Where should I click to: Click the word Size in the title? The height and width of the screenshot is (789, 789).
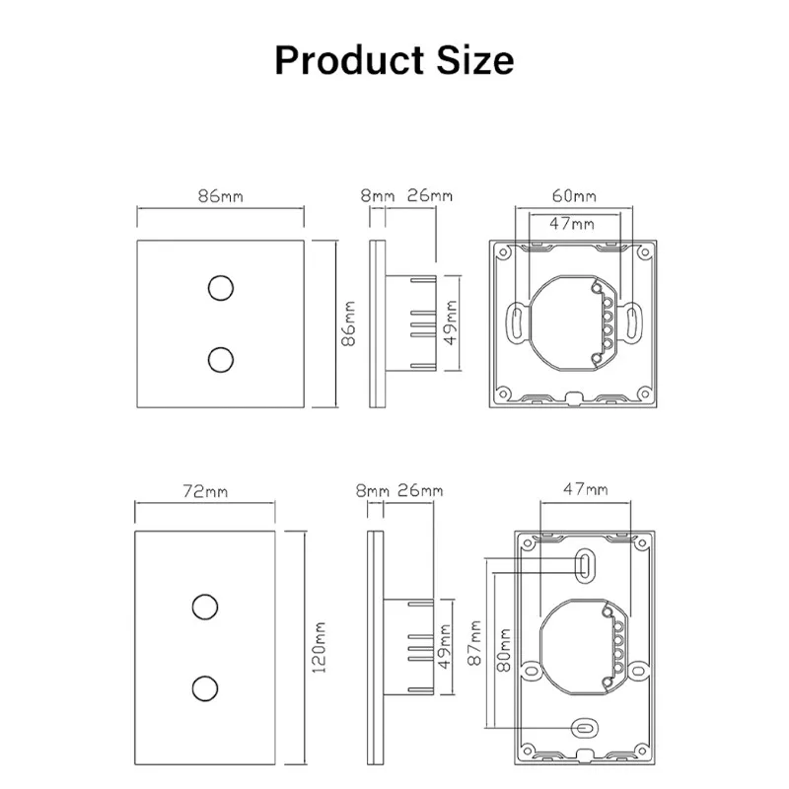pyautogui.click(x=475, y=60)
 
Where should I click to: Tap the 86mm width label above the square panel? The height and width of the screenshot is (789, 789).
pyautogui.click(x=220, y=195)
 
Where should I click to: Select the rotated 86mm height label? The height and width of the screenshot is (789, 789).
pyautogui.click(x=348, y=323)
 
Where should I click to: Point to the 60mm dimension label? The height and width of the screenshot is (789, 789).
pyautogui.click(x=574, y=195)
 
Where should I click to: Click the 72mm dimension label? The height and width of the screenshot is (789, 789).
pyautogui.click(x=205, y=490)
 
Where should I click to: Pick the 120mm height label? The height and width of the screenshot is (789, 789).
pyautogui.click(x=319, y=647)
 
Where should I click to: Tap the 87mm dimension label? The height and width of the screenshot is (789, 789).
pyautogui.click(x=474, y=643)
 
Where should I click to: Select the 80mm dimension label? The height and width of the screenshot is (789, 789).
pyautogui.click(x=504, y=649)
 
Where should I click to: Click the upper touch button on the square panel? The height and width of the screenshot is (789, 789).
pyautogui.click(x=221, y=288)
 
